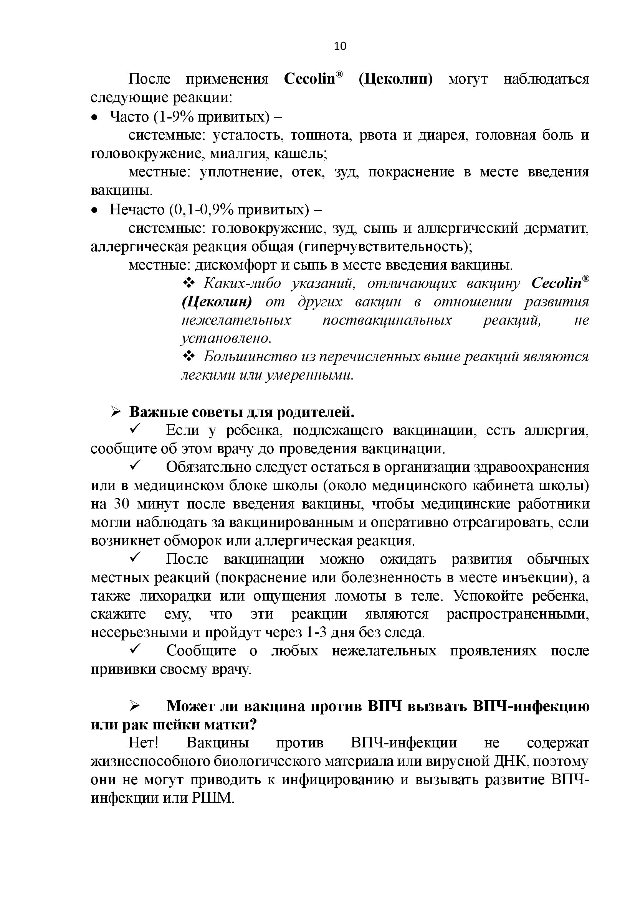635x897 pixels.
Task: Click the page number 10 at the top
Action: (340, 46)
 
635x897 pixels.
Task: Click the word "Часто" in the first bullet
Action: (129, 117)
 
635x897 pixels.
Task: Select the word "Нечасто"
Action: (137, 210)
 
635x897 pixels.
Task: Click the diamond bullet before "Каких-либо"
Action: (189, 283)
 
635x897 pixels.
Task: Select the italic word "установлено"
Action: (226, 338)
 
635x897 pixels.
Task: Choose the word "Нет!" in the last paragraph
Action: (143, 743)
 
